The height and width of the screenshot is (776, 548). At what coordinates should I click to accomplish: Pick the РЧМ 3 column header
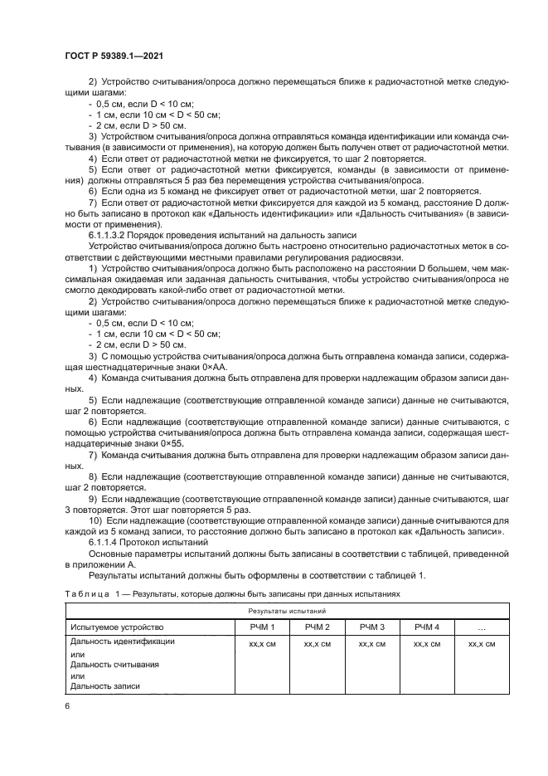(x=371, y=627)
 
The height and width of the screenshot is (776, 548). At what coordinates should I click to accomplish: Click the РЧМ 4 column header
(x=426, y=627)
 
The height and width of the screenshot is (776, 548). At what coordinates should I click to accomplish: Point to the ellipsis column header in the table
(x=481, y=627)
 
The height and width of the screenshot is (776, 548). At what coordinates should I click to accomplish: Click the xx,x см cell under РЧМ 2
(x=317, y=643)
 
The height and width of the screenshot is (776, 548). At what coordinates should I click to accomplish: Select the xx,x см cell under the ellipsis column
(x=481, y=643)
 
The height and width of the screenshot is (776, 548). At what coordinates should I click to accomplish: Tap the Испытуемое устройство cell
(x=118, y=627)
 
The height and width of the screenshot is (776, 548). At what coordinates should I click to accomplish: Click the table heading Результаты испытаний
(x=286, y=610)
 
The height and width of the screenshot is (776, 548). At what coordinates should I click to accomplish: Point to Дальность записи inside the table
(x=105, y=686)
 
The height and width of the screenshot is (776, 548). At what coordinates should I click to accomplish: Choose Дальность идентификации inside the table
(x=123, y=642)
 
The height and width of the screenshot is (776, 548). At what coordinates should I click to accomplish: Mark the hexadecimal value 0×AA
(x=204, y=366)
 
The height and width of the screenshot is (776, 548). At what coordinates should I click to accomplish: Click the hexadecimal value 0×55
(x=169, y=443)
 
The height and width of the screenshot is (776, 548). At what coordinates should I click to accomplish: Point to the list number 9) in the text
(x=92, y=499)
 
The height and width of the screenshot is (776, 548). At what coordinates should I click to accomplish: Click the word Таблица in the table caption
(x=88, y=593)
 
